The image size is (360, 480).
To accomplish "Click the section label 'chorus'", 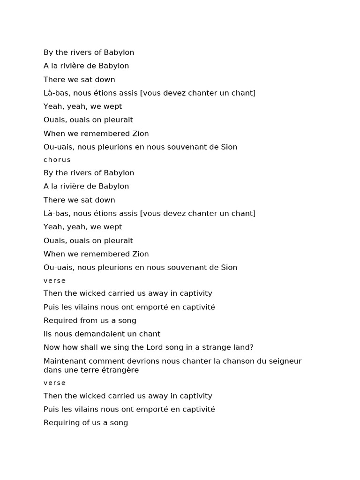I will click(x=57, y=160).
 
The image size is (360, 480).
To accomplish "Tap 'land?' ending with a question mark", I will click(x=243, y=347).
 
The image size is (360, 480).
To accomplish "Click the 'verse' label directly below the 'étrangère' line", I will click(x=54, y=383).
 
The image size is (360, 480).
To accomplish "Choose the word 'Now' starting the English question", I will click(x=51, y=347).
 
